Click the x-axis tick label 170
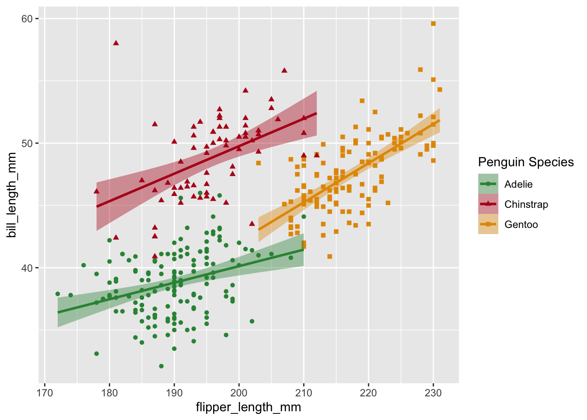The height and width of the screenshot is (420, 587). (x=45, y=393)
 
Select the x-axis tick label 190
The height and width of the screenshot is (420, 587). (x=174, y=393)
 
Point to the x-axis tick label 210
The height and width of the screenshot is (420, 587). (x=304, y=393)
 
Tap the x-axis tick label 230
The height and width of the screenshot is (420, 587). (x=433, y=393)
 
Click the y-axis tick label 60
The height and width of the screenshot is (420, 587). (x=27, y=18)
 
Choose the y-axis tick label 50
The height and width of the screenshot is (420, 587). (x=27, y=143)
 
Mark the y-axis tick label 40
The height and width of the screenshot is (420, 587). (x=27, y=268)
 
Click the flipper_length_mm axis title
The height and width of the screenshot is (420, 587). (x=249, y=407)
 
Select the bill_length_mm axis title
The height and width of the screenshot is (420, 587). (x=12, y=195)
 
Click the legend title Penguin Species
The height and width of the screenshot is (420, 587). (x=526, y=162)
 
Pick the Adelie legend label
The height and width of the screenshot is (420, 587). (x=518, y=184)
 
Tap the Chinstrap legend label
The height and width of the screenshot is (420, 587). (x=526, y=204)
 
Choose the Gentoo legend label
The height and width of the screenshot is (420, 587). (x=521, y=224)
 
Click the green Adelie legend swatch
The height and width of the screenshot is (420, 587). (x=488, y=184)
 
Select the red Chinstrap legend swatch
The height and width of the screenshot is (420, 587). (x=488, y=204)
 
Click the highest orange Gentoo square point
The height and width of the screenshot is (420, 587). (x=433, y=24)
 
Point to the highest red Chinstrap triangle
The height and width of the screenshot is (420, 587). (x=116, y=42)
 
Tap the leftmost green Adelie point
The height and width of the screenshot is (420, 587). (x=58, y=294)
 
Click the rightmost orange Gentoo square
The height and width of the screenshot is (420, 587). (x=440, y=90)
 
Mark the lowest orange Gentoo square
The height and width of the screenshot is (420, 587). (x=330, y=256)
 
